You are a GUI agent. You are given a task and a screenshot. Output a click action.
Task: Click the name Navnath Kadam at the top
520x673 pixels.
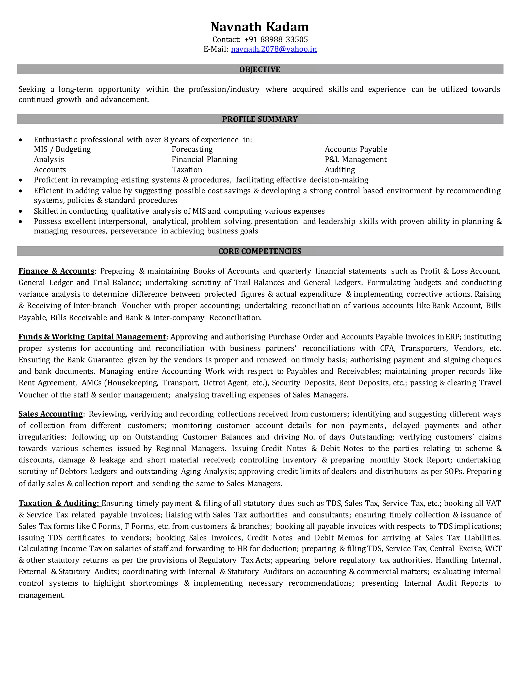tap(260, 27)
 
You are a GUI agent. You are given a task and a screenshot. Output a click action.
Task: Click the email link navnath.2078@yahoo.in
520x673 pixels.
tap(274, 49)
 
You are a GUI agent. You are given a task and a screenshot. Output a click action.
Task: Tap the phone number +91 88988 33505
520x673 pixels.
tap(276, 39)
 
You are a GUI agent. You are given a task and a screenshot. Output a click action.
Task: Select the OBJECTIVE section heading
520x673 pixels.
tap(260, 69)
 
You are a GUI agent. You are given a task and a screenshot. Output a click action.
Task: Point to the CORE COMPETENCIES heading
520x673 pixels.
tap(260, 251)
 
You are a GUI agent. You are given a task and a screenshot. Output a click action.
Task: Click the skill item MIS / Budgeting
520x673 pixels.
tap(62, 149)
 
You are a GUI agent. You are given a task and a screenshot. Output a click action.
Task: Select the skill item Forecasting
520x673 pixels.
tap(192, 149)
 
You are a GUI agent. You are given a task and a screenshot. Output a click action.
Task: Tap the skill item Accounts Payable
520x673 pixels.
tap(356, 149)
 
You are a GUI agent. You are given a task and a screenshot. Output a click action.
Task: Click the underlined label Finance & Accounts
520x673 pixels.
tap(56, 271)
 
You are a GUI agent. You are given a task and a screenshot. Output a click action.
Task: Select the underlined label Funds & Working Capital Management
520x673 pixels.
tap(92, 337)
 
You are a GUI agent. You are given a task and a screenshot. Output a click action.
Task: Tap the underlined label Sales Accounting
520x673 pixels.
tap(51, 414)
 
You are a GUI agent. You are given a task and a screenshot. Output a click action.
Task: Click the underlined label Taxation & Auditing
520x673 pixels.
tap(59, 503)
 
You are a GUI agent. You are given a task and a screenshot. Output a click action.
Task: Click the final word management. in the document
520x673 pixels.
tap(42, 595)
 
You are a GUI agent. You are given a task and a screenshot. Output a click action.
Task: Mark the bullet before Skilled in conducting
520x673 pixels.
tap(20, 211)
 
